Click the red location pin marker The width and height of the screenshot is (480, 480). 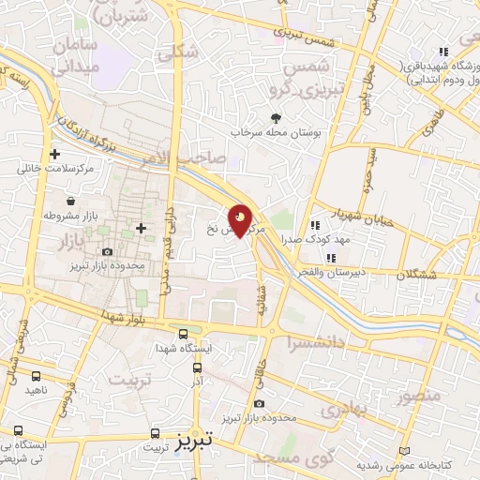coord(241,221)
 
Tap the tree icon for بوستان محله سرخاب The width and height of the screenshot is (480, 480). coord(276,118)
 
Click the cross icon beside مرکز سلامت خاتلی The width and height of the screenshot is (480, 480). coord(54,155)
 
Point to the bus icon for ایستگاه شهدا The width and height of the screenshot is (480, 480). coord(183,333)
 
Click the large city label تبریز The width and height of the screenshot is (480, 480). coord(196,438)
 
